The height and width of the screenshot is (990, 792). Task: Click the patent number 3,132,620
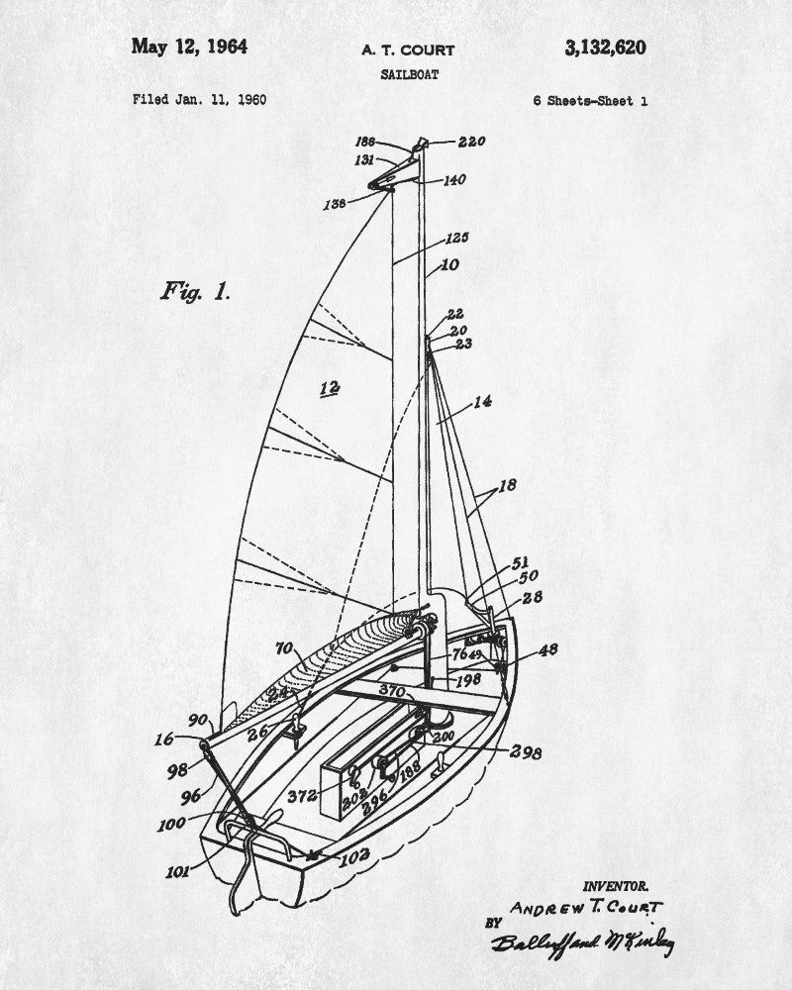click(x=607, y=47)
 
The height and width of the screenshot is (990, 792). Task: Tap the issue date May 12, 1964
click(x=189, y=47)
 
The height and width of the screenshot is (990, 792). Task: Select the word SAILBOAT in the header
click(x=408, y=74)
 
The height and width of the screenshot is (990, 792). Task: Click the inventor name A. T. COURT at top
click(x=407, y=49)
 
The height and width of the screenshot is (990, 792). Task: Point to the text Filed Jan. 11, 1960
click(x=198, y=100)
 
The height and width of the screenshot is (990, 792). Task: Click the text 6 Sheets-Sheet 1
click(x=590, y=100)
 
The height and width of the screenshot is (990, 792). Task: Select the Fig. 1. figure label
click(x=195, y=291)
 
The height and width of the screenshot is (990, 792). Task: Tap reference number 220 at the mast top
click(x=471, y=142)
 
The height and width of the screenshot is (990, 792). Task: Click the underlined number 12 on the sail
click(x=330, y=388)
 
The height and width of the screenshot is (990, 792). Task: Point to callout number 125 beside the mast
click(x=456, y=238)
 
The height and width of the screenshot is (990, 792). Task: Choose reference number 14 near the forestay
click(x=482, y=402)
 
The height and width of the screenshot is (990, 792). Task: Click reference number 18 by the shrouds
click(x=507, y=488)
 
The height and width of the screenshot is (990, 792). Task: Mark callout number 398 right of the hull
click(x=525, y=752)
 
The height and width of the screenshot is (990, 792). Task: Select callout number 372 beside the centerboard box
click(x=302, y=795)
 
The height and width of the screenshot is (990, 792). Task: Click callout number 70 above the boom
click(x=284, y=649)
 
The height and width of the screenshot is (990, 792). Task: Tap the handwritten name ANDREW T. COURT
click(x=585, y=906)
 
